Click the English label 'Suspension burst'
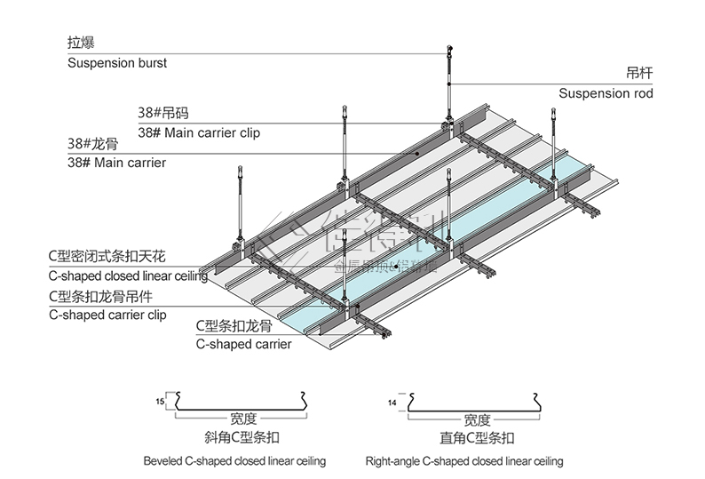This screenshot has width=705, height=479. coord(117,63)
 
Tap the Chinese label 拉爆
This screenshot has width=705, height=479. coord(82,43)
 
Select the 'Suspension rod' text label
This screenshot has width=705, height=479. coord(606,93)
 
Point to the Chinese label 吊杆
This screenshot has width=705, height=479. coord(639,73)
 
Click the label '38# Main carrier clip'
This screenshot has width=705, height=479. coord(199,133)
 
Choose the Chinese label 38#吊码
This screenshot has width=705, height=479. coord(162,113)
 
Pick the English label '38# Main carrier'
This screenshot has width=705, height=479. coord(116,163)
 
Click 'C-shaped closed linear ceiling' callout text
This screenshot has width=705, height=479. coord(128,276)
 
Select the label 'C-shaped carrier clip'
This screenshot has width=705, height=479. coord(107,315)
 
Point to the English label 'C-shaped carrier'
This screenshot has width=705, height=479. coord(242,344)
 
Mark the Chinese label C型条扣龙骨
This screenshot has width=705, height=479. coord(234,325)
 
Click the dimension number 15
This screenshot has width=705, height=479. coord(160,403)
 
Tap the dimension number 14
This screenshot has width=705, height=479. coord(392,403)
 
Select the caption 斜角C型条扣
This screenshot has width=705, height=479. coord(240,438)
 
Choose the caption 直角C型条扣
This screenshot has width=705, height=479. coord(477,438)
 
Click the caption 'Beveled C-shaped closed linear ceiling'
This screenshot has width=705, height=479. coord(234,461)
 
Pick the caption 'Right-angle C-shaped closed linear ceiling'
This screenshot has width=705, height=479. coord(463,461)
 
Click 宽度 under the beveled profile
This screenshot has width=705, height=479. coord(242,419)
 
